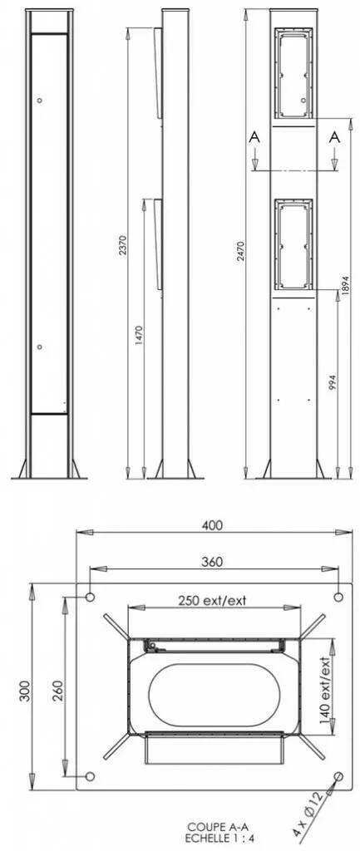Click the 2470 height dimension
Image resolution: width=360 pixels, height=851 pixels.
[240, 251]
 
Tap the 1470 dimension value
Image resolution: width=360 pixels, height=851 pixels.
[139, 337]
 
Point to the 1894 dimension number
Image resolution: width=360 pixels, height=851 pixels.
[346, 284]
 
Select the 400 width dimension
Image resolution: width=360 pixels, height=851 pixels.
[212, 525]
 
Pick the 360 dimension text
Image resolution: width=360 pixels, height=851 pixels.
[212, 562]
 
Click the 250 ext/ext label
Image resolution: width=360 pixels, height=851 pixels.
[212, 601]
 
